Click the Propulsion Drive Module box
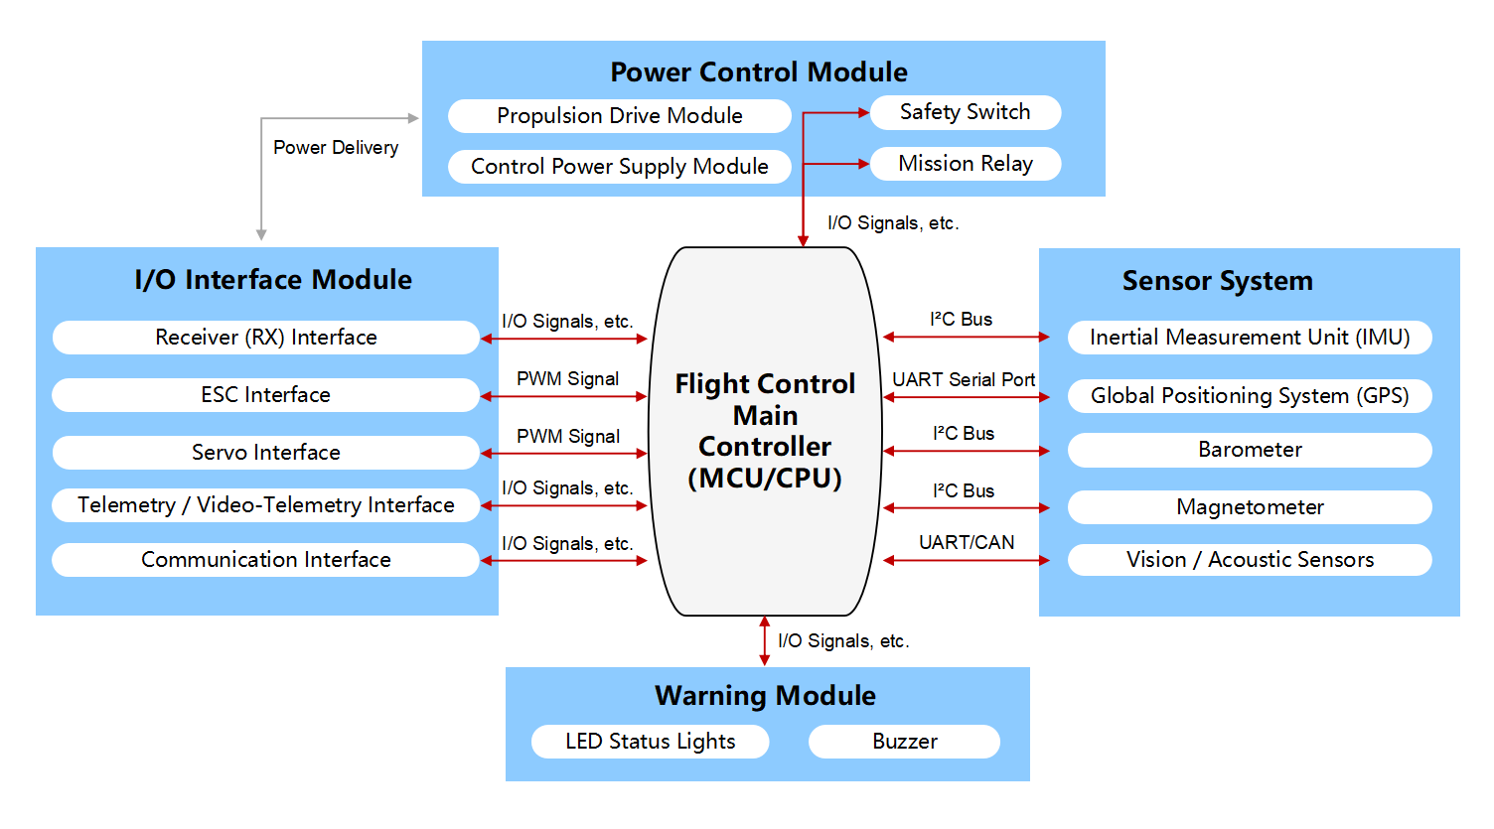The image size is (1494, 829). coord(619,116)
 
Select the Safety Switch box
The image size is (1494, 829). coord(965,112)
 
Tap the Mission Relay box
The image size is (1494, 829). coord(965,164)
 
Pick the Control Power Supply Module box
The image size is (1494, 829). coord(619,167)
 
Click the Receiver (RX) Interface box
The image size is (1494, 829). coord(265,338)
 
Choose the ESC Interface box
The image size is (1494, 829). coord(265,395)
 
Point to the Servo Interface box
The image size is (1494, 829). coord(265,453)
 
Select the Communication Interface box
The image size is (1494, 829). coord(265,560)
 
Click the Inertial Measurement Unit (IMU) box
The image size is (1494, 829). coord(1249,338)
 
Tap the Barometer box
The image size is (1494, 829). coord(1249,450)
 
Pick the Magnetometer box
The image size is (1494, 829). coord(1249,507)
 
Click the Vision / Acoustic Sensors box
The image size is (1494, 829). coord(1249,560)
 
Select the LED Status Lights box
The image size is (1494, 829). coord(650,742)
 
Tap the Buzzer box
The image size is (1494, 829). coord(904,742)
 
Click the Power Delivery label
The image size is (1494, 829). coord(336,148)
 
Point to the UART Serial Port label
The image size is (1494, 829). coord(964,380)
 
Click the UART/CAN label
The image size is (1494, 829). coord(967,543)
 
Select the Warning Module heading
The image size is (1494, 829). coord(765,696)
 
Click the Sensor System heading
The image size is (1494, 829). coord(1217,281)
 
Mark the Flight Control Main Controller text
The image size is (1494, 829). coord(765,431)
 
